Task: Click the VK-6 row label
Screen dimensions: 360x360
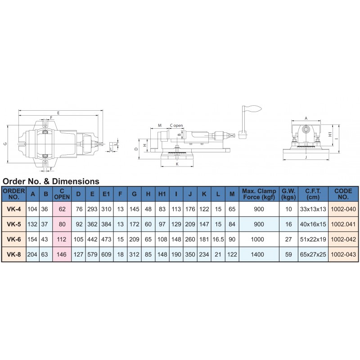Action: click(x=14, y=239)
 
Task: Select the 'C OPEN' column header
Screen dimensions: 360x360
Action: click(x=62, y=194)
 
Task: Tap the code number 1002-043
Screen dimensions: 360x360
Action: click(x=343, y=254)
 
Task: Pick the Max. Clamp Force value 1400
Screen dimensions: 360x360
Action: click(x=257, y=254)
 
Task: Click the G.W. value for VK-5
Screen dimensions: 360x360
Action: click(x=288, y=224)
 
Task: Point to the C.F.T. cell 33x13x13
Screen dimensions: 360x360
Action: click(x=313, y=209)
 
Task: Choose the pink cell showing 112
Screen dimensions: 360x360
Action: click(x=62, y=239)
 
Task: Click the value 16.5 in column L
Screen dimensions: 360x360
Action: click(x=218, y=239)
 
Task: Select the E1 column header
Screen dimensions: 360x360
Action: click(x=106, y=194)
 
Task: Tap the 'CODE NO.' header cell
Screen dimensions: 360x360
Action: click(x=343, y=194)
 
